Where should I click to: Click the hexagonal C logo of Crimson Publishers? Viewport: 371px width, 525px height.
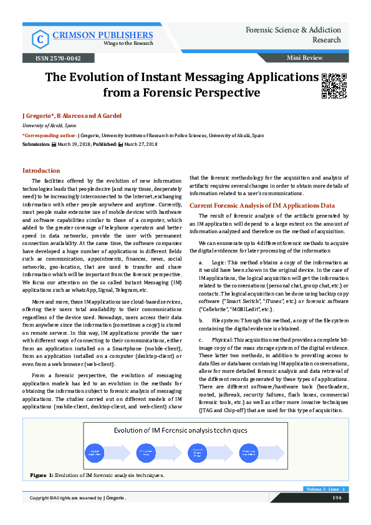(40, 39)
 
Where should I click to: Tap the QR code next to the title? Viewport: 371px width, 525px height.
(333, 86)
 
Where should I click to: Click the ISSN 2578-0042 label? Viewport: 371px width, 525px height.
(52, 58)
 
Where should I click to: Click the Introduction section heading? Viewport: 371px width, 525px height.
(41, 170)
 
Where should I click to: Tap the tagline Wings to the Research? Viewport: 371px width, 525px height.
(93, 43)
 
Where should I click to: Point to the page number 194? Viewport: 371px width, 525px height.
(335, 497)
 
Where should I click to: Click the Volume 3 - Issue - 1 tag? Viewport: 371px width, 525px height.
(326, 489)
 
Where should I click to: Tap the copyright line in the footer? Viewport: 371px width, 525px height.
(78, 497)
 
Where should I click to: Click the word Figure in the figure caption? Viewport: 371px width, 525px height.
(39, 475)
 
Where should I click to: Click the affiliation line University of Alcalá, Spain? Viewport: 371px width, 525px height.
(47, 125)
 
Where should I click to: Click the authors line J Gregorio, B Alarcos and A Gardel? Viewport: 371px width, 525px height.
(72, 116)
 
